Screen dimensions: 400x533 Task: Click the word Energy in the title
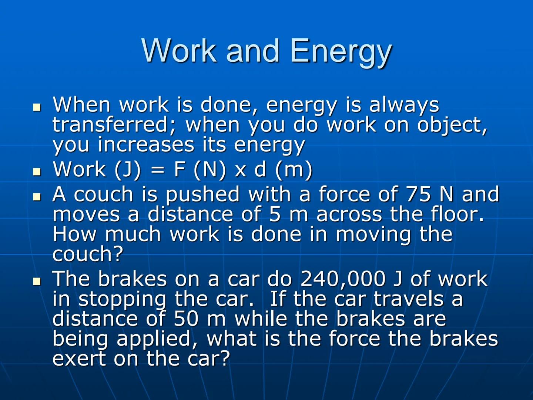pyautogui.click(x=341, y=51)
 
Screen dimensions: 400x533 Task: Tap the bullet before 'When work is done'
pyautogui.click(x=37, y=107)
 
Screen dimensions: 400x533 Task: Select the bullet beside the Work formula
pyautogui.click(x=37, y=171)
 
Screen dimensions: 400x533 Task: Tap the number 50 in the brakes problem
pyautogui.click(x=186, y=319)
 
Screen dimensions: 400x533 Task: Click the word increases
pyautogui.click(x=146, y=144)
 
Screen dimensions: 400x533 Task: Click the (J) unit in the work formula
pyautogui.click(x=128, y=170)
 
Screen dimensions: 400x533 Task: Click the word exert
pyautogui.click(x=79, y=359)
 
